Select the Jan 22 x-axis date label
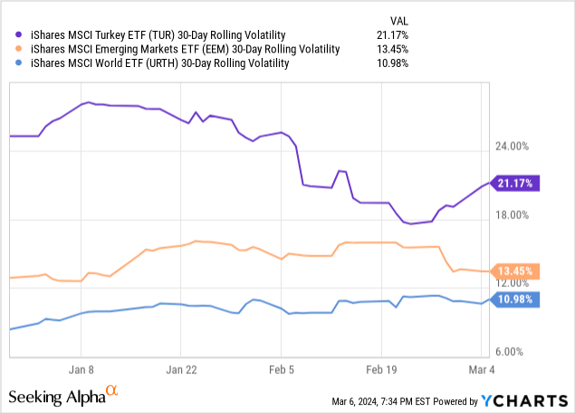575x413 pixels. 180,370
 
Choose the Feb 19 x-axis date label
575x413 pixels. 381,370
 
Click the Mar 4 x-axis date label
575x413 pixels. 481,370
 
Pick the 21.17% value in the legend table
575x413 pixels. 391,34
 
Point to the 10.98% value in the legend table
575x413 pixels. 391,63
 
